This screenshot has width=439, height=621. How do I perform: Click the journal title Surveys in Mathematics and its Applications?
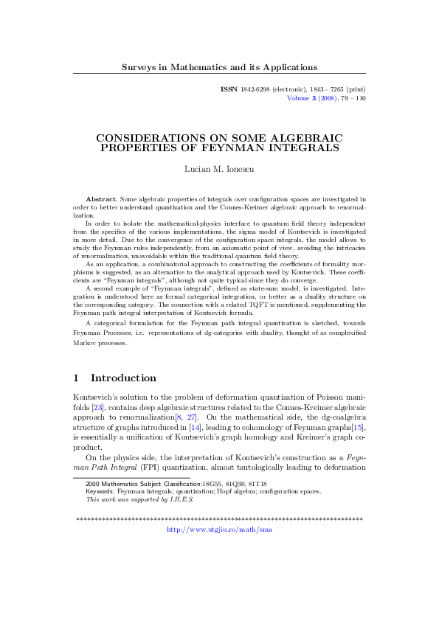click(x=219, y=67)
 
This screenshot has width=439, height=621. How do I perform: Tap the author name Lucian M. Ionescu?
click(x=219, y=169)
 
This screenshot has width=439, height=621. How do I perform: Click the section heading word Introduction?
click(x=123, y=378)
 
